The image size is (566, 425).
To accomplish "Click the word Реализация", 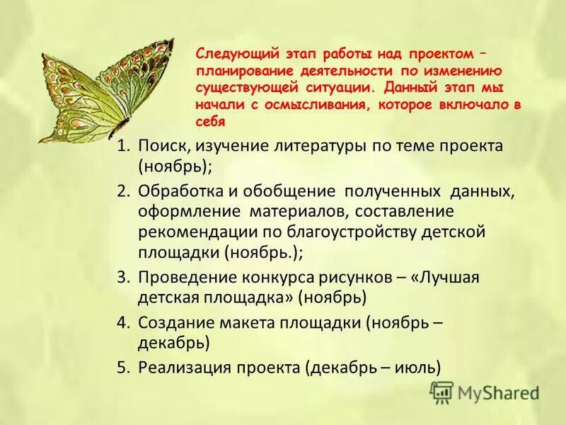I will pyautogui.click(x=185, y=367).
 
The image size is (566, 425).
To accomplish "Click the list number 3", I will pyautogui.click(x=124, y=277).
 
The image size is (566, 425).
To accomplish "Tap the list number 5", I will pyautogui.click(x=124, y=367).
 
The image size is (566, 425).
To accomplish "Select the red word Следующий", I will pyautogui.click(x=229, y=55).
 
